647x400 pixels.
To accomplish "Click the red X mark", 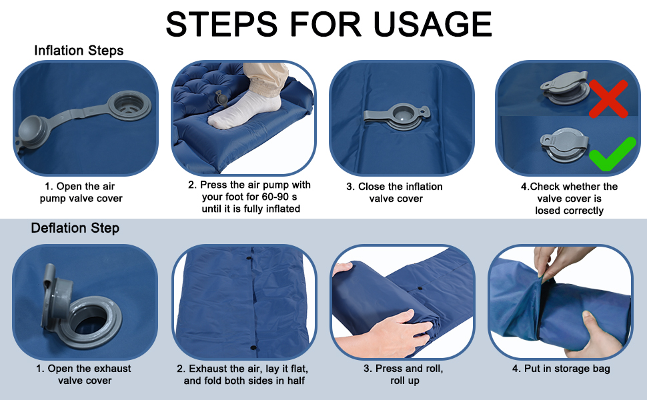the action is pyautogui.click(x=608, y=98).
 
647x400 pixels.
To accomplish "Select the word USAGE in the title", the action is pyautogui.click(x=432, y=24).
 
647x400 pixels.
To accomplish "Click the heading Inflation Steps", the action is pyautogui.click(x=79, y=50).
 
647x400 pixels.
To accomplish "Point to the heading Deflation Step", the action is pyautogui.click(x=75, y=228).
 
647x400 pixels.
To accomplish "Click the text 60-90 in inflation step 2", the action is pyautogui.click(x=275, y=197).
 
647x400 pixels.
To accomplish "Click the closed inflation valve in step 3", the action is pyautogui.click(x=398, y=115).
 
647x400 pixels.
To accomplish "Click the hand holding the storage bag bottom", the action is pyautogui.click(x=600, y=335).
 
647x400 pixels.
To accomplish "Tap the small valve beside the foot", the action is pyautogui.click(x=221, y=99).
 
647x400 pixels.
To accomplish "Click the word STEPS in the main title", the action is pyautogui.click(x=221, y=24).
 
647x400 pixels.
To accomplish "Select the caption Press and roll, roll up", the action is pyautogui.click(x=404, y=375).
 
